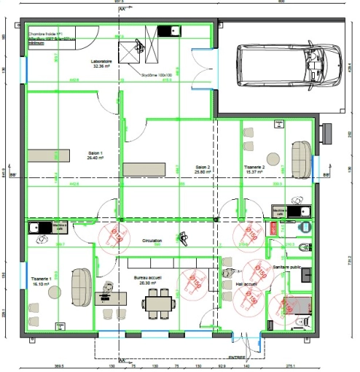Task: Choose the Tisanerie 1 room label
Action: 40,281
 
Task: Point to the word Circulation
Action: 152,241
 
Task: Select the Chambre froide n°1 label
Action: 47,34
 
